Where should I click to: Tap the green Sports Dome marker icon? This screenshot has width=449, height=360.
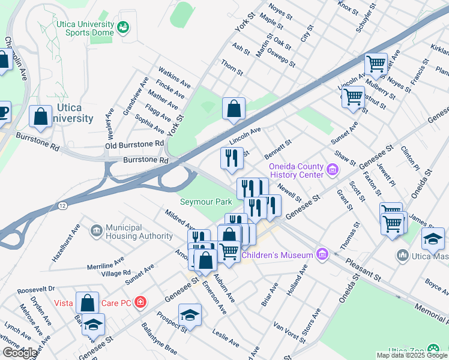click(x=123, y=27)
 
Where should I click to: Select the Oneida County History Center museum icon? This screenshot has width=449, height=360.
click(x=333, y=170)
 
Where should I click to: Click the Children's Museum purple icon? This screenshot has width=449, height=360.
click(x=322, y=255)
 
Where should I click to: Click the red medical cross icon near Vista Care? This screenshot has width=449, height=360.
click(x=140, y=302)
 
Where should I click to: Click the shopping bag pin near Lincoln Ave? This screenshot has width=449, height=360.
click(x=234, y=109)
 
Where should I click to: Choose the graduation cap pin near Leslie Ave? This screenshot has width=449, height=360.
click(x=190, y=315)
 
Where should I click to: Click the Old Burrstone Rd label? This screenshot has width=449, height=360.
click(x=134, y=145)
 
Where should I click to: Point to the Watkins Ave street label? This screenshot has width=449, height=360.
click(x=171, y=76)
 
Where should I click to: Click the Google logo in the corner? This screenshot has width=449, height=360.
click(x=20, y=353)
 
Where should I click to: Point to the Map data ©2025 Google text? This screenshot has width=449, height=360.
click(x=412, y=355)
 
